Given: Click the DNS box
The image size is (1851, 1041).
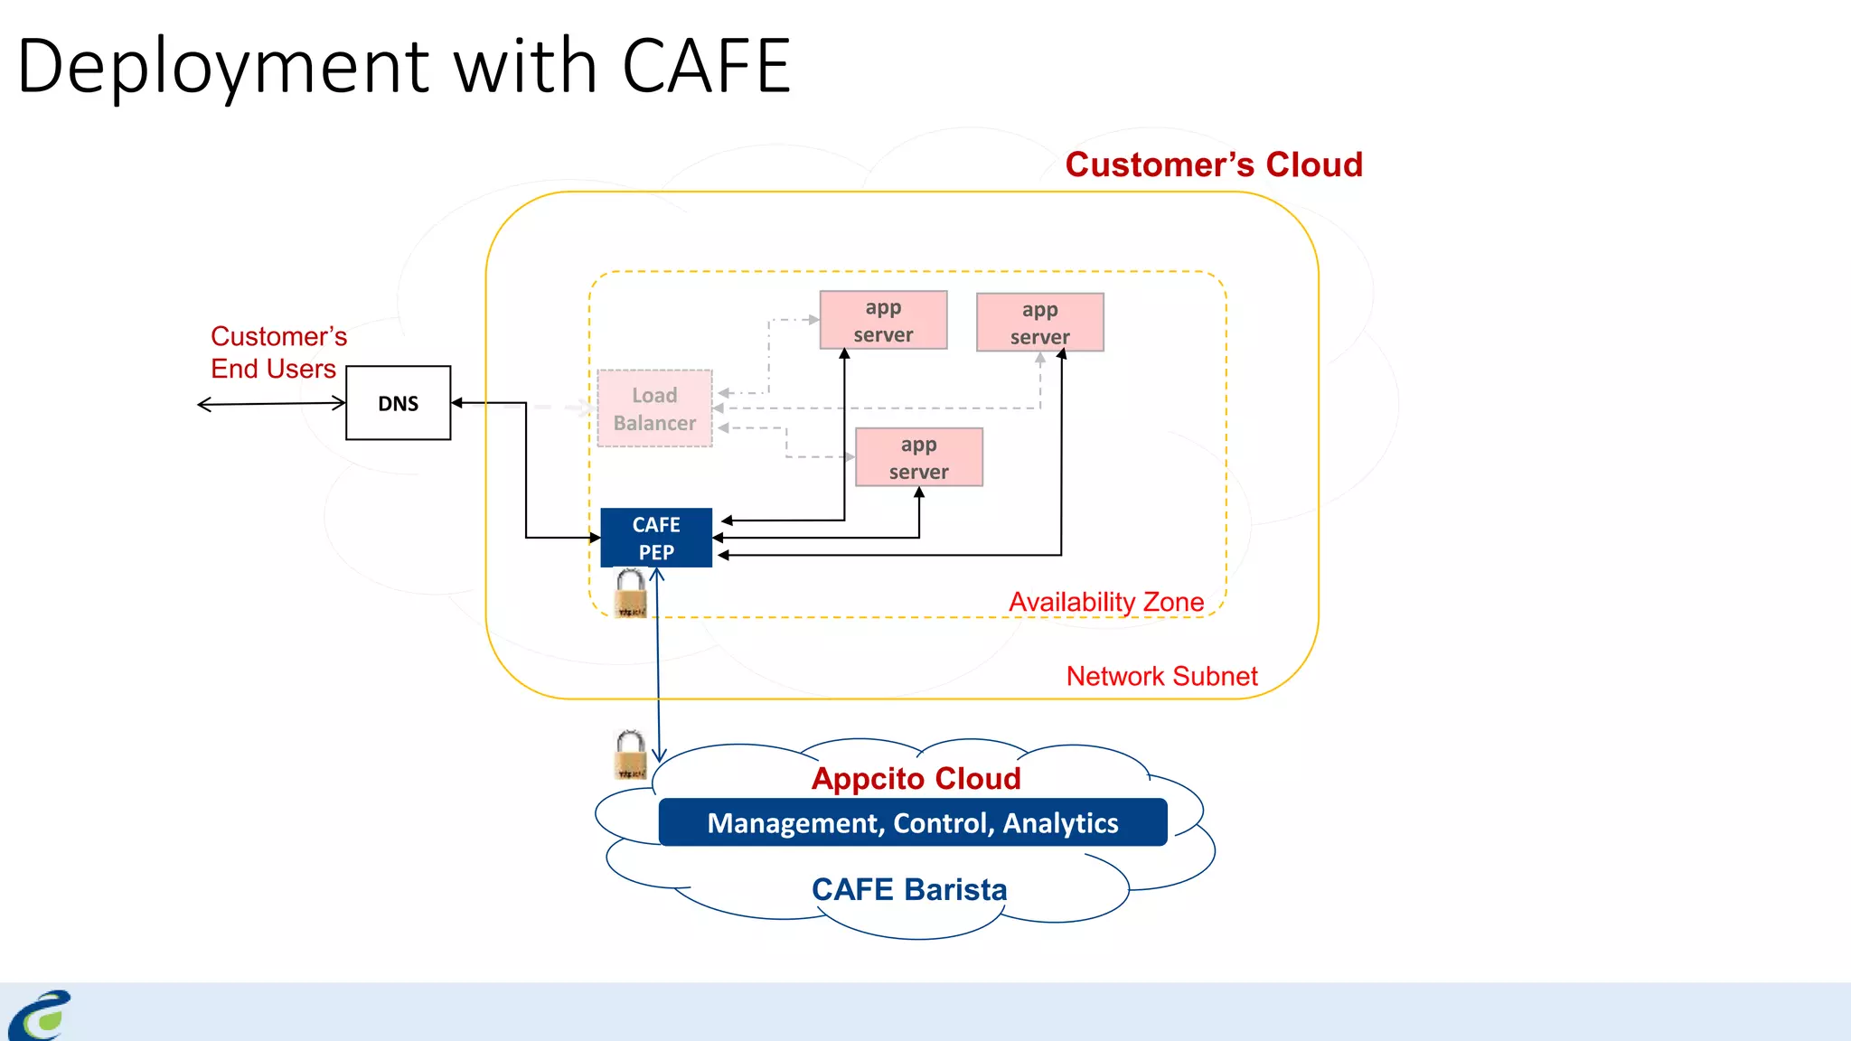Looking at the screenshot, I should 398,403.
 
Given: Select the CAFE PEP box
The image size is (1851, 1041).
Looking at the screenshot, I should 656,538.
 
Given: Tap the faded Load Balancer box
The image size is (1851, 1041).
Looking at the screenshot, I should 654,408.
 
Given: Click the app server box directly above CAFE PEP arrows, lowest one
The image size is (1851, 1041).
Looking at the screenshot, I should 918,457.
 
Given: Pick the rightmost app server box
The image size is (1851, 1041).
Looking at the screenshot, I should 1039,322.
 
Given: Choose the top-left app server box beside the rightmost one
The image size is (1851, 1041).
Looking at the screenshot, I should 883,320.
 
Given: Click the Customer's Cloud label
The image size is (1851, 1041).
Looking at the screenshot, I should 1213,164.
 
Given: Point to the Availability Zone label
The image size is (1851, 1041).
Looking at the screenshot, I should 1106,602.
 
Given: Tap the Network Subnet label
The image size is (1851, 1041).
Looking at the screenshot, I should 1161,676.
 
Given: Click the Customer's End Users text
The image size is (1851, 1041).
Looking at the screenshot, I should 277,352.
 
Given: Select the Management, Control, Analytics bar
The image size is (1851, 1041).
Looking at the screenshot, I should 913,822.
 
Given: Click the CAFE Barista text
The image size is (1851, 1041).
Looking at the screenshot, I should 909,889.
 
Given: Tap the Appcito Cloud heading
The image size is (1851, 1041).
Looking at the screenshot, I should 916,778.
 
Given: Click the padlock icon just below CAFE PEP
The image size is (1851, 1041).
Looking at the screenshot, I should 631,594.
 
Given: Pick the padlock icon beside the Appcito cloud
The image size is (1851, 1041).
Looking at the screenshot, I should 630,755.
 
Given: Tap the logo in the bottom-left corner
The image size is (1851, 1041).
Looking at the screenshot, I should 41,1016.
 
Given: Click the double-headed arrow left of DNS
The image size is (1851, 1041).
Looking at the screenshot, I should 271,404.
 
